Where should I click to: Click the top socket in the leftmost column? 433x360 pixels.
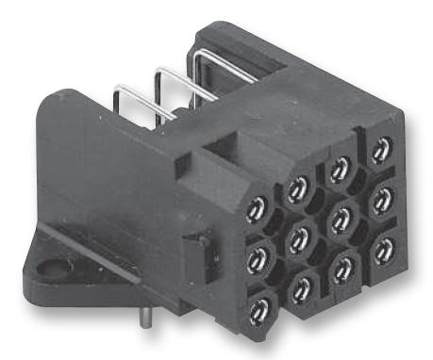tap(258, 209)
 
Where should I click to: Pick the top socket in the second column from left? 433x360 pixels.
tap(298, 188)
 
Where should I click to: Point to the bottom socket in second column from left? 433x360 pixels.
tap(301, 280)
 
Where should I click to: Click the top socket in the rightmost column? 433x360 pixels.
tap(380, 149)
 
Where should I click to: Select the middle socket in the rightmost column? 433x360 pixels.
tap(383, 197)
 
